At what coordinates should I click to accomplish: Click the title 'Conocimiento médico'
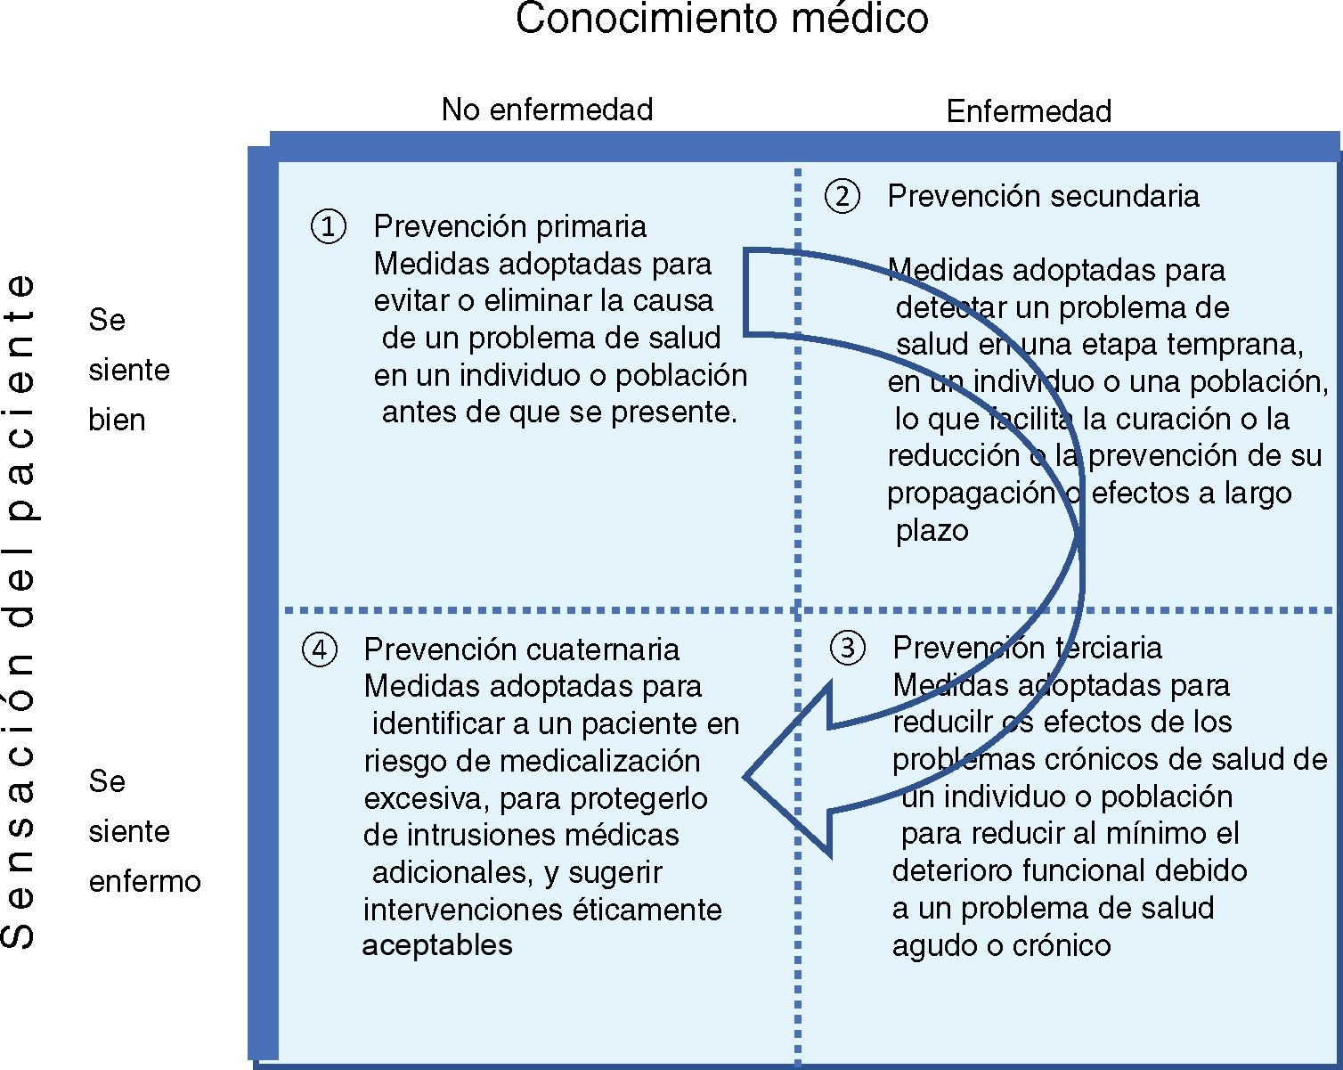tap(721, 19)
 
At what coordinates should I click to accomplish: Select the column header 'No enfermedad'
tap(547, 110)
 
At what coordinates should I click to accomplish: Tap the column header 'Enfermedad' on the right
tap(1029, 111)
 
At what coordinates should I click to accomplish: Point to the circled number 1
tap(328, 226)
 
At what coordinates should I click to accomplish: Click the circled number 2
tap(842, 196)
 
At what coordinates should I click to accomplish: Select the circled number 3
tap(847, 648)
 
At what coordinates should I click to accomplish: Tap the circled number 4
tap(320, 649)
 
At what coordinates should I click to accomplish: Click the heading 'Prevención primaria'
tap(509, 226)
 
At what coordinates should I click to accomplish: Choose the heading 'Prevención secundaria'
tap(1043, 196)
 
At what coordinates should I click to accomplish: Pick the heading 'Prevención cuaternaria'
tap(521, 649)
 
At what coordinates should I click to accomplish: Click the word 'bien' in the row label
tap(117, 420)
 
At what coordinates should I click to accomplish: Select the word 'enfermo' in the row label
tap(144, 881)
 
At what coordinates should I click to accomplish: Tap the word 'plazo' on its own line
tap(932, 531)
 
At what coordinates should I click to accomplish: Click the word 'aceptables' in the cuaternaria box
tap(437, 945)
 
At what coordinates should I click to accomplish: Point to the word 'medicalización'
tap(600, 762)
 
